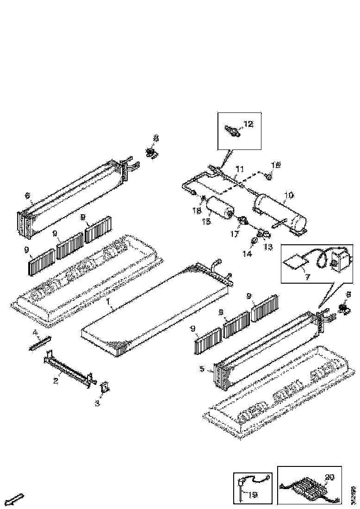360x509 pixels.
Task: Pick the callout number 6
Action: click(27, 196)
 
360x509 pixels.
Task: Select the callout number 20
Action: click(329, 477)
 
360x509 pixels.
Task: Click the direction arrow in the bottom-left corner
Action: click(16, 499)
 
